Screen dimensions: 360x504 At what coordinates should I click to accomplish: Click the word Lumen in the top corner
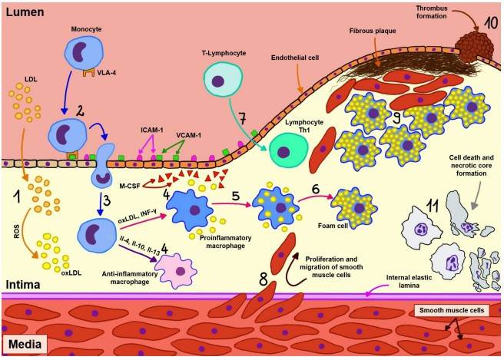27,13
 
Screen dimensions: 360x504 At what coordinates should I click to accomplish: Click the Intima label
24,284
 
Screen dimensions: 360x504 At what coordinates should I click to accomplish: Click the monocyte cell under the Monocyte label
82,56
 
